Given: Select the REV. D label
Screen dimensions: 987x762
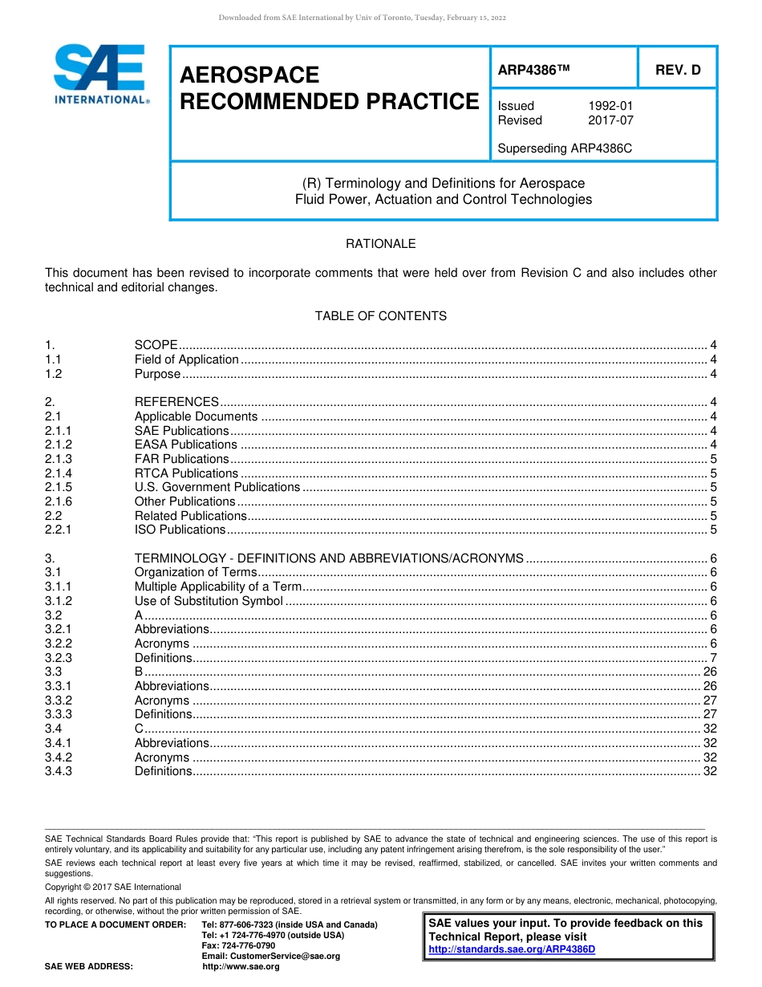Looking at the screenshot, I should (x=678, y=70).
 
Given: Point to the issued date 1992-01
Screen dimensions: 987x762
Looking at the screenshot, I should (x=610, y=106).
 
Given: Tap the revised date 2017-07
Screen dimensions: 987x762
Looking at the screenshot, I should (x=610, y=120).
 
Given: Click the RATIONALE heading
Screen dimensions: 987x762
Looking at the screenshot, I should (x=380, y=244).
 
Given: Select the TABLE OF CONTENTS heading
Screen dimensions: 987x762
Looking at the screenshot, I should (x=380, y=316).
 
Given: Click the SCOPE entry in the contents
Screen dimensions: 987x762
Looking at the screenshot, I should (x=156, y=345).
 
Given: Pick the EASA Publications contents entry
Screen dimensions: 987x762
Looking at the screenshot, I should (x=185, y=445).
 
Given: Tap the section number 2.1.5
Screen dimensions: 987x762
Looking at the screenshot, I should (x=59, y=487).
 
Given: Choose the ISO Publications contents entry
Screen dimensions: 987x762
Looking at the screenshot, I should (x=180, y=530).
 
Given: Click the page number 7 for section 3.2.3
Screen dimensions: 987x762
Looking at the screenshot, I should (x=713, y=658).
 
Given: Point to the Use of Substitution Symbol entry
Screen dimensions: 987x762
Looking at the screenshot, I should (x=209, y=601).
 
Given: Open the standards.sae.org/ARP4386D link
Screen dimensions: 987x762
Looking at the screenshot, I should (x=512, y=949).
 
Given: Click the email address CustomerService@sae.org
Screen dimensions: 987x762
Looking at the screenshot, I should (x=271, y=956).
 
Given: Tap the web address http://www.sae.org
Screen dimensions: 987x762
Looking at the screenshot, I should (x=241, y=967).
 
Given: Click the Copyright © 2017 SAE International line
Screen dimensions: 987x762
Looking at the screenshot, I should (x=113, y=887).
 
